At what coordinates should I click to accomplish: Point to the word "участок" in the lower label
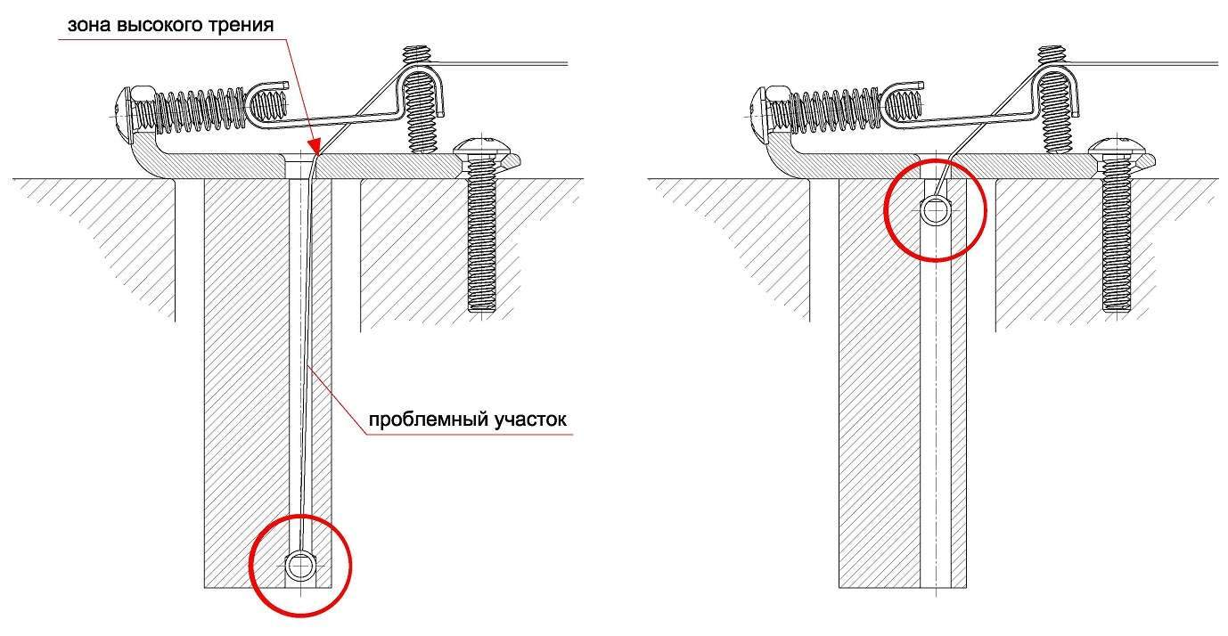(531, 420)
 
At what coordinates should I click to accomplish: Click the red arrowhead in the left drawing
(314, 145)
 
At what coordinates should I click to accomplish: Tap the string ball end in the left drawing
(300, 567)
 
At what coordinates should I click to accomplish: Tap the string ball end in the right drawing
(935, 211)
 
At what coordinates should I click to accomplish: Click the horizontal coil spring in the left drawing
(200, 109)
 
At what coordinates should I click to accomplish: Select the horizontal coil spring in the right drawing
(835, 109)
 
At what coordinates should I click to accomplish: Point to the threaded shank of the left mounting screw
(482, 235)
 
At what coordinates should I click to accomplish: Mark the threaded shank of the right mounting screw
(1117, 235)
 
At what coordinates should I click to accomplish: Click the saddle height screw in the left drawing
(420, 100)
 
